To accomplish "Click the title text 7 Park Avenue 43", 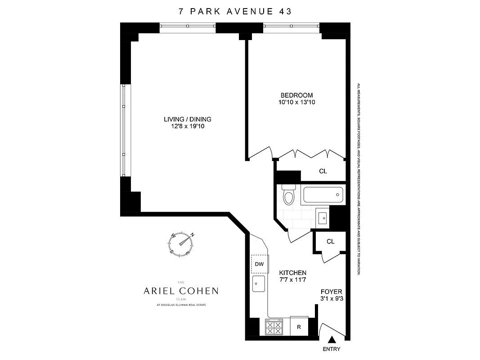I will [235, 11].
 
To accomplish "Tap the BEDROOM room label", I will [296, 95].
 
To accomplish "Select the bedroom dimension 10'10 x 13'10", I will [296, 102].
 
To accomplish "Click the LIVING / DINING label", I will [187, 119].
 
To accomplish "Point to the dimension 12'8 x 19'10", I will [187, 126].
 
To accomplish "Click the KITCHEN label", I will [293, 273].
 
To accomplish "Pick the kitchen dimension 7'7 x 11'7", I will [293, 280].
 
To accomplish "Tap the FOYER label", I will [331, 292].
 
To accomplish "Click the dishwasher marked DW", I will [259, 264].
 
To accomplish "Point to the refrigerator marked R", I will [299, 327].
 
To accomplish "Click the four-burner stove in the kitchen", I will [274, 327].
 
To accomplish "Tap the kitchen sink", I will [259, 284].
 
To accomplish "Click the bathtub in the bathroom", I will [323, 195].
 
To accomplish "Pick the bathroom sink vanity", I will [323, 218].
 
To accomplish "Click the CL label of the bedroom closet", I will [323, 171].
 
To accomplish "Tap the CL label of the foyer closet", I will [331, 242].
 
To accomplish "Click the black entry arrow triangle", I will [332, 341].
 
